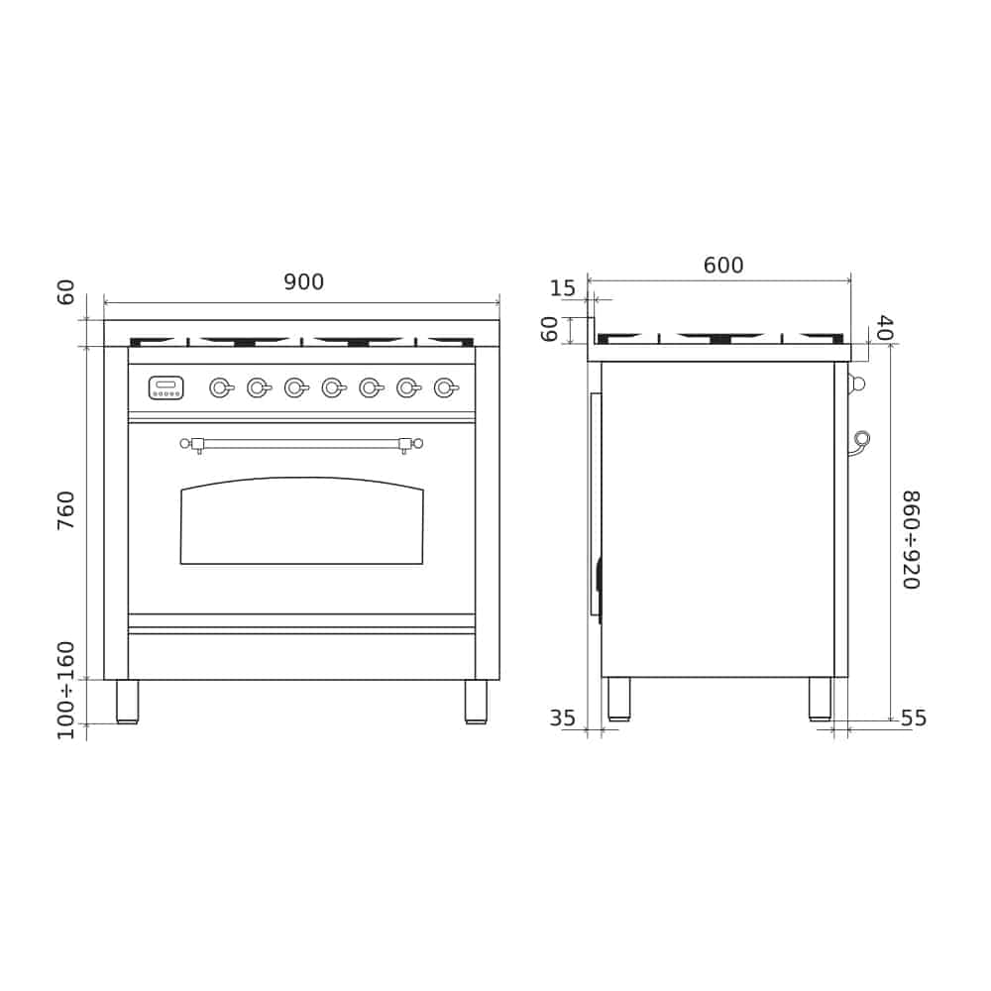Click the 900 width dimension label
(x=303, y=281)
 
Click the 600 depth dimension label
(x=723, y=265)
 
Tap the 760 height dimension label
(x=65, y=510)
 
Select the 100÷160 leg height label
(x=65, y=690)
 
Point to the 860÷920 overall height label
(x=910, y=540)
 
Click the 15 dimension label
(x=563, y=288)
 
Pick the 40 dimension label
(x=885, y=328)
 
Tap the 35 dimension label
(x=563, y=717)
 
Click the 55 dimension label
(x=914, y=717)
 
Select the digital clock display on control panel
(x=166, y=387)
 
